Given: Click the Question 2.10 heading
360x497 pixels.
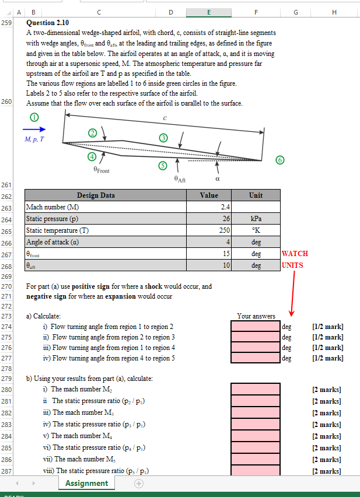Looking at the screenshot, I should (48, 23).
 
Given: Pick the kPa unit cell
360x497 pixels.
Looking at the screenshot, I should (256, 219).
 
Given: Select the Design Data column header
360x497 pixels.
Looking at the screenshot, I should (96, 195).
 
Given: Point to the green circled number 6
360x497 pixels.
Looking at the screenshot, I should (280, 160).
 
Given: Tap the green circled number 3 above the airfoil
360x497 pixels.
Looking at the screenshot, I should (164, 138).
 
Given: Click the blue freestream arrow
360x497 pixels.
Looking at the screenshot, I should (34, 129).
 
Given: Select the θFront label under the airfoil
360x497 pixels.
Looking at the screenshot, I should (101, 171).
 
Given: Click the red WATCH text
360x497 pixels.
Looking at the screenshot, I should (295, 254).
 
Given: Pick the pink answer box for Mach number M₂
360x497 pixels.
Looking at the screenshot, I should (256, 389).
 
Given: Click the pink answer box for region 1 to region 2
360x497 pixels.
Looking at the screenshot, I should (256, 326).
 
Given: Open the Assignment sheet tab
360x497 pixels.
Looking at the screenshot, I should (86, 483).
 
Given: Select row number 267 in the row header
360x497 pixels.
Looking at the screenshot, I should (7, 254).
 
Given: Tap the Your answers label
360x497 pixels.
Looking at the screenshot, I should (256, 316).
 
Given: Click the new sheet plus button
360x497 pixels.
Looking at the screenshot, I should (138, 484).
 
